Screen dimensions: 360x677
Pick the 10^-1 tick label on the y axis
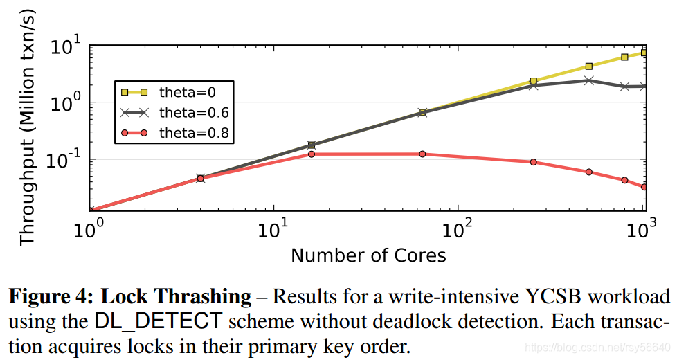click(64, 160)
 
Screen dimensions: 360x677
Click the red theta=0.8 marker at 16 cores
click(312, 154)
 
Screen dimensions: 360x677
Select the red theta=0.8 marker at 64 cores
click(422, 154)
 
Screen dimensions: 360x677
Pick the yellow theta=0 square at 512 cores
click(589, 66)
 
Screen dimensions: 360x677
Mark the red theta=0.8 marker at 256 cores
click(534, 162)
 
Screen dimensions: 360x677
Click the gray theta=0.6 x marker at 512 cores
click(589, 80)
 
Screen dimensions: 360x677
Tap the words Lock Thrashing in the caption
click(177, 298)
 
